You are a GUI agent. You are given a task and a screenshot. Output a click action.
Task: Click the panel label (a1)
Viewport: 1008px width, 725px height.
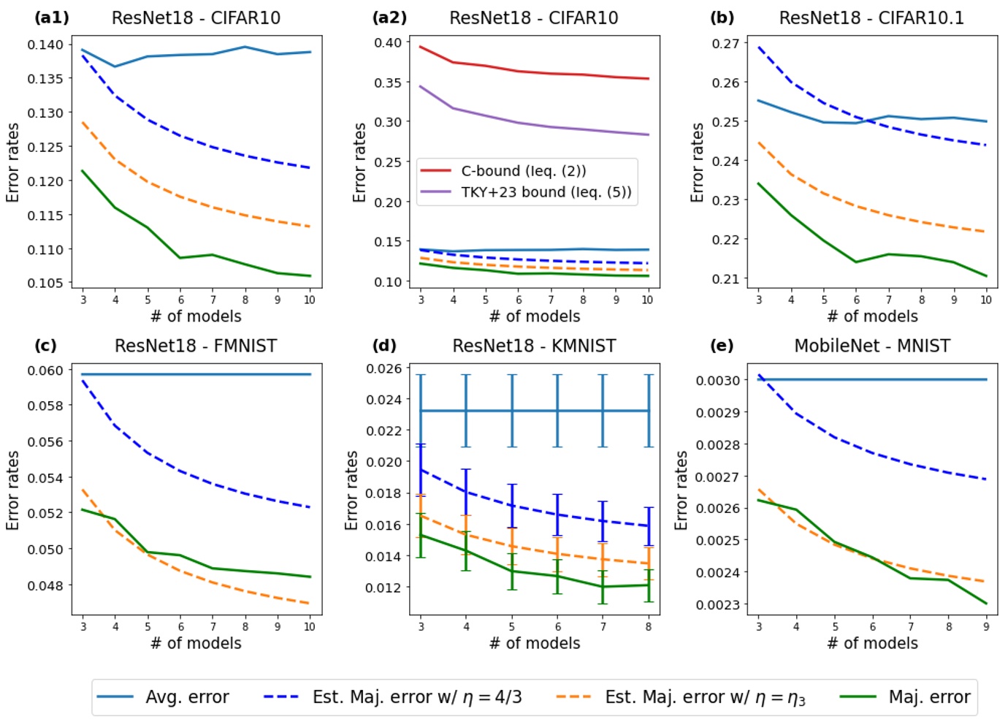click(51, 18)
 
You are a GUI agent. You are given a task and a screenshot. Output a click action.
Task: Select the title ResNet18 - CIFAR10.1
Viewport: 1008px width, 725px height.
click(871, 18)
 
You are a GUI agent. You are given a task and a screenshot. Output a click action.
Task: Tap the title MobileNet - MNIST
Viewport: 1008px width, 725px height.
click(872, 346)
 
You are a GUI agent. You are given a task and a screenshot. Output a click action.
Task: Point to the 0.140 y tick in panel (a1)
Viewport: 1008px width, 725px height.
click(45, 45)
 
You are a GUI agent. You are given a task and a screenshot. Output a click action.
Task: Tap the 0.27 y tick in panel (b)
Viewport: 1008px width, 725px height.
click(725, 44)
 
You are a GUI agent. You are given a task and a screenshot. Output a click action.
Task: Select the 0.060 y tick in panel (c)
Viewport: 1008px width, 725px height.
click(45, 371)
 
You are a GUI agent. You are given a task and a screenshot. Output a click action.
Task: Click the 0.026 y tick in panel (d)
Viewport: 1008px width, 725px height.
click(383, 368)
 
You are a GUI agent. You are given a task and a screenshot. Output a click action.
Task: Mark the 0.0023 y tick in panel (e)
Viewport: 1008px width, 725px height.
click(717, 604)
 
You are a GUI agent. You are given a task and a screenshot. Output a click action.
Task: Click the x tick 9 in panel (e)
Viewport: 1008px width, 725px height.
click(986, 626)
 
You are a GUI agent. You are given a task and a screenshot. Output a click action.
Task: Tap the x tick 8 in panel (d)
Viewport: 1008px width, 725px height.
click(648, 626)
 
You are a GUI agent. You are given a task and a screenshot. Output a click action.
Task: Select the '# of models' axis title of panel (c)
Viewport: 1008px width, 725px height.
click(196, 643)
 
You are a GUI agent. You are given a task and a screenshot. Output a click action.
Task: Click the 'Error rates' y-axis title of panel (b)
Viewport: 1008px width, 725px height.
click(698, 162)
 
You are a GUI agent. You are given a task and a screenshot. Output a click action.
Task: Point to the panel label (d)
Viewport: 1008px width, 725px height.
click(384, 345)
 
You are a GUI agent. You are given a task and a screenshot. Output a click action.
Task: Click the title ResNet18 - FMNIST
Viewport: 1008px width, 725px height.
click(196, 346)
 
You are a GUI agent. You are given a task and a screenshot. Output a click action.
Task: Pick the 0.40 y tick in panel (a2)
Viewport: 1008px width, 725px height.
click(387, 43)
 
